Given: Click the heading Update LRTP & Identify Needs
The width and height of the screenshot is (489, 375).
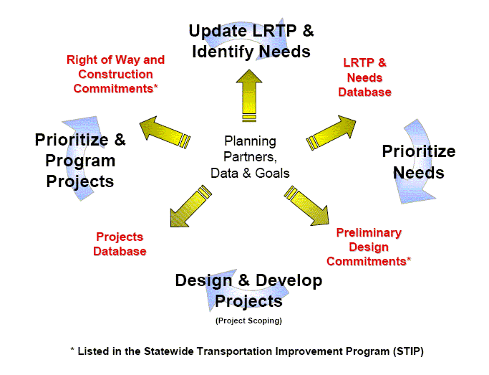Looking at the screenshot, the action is (251, 41).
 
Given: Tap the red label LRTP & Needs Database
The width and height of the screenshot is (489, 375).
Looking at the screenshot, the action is (364, 77).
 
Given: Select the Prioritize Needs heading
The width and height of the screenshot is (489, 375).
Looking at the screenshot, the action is (419, 162).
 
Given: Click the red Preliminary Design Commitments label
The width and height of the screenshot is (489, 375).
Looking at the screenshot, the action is (369, 247).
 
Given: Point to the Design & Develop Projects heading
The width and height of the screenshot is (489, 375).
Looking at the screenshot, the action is (248, 290).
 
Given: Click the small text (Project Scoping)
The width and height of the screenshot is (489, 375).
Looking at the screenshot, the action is (248, 321).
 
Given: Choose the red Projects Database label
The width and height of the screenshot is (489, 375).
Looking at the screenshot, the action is (120, 244).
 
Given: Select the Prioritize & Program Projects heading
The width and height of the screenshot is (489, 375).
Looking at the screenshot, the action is (80, 161).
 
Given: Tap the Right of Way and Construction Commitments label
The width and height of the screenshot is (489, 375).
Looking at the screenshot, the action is (116, 75).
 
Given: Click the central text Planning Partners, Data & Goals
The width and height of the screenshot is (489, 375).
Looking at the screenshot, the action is (250, 157).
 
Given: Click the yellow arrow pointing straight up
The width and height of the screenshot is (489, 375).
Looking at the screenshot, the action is (249, 95).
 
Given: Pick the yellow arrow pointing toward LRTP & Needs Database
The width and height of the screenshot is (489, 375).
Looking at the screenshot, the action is (331, 133).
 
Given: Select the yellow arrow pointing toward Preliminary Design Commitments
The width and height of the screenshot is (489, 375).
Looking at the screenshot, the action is (306, 206).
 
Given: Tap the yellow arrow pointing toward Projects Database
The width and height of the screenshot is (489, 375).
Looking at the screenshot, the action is (191, 206).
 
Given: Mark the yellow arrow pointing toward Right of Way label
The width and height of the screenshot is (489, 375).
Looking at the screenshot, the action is (165, 133).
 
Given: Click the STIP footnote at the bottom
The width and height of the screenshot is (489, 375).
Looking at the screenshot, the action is (247, 351).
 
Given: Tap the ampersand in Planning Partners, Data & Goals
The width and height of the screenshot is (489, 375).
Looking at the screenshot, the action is (247, 174).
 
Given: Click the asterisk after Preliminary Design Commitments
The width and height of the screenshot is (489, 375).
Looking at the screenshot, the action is (409, 259).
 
